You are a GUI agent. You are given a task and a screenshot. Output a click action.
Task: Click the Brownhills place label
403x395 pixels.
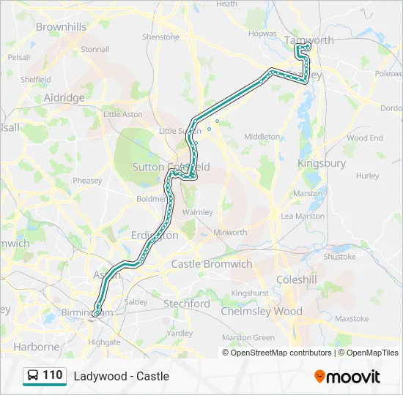[62, 27]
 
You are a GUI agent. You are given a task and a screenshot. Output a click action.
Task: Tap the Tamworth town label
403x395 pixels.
[310, 40]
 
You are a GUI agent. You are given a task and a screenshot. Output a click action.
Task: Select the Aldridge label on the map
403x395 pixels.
[64, 97]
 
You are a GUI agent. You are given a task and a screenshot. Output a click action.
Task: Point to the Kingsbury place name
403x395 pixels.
[322, 164]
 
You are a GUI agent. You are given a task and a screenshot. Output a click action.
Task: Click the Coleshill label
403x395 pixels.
[297, 279]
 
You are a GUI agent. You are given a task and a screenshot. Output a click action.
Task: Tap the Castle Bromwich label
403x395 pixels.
[211, 263]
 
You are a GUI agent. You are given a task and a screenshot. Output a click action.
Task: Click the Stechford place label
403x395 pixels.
[187, 304]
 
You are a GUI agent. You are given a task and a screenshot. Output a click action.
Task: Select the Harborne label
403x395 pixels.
[37, 347]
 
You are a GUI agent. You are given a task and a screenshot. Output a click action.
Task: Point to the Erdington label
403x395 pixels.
[155, 236]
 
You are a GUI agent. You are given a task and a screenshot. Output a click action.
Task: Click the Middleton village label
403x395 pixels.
[262, 137]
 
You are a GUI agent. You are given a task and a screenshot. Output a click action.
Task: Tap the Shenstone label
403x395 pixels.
[160, 37]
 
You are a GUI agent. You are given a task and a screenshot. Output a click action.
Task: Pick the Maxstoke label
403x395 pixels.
[351, 319]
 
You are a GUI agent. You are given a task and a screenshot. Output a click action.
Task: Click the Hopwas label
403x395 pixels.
[262, 34]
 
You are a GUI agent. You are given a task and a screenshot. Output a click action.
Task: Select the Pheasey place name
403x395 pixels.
[87, 181]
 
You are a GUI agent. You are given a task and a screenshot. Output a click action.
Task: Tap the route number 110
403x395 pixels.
[53, 375]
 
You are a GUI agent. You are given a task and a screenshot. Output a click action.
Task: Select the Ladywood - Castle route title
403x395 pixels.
[121, 376]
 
